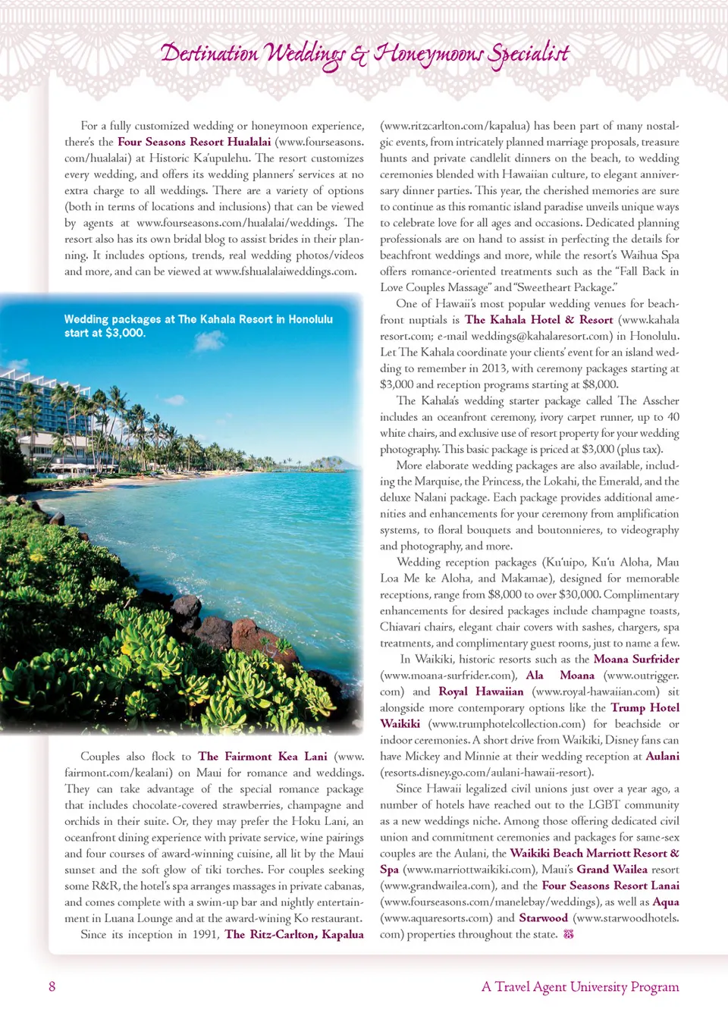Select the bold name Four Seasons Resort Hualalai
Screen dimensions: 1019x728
click(x=194, y=142)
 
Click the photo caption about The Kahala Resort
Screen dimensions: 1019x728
click(x=198, y=326)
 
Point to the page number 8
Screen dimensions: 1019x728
click(x=52, y=986)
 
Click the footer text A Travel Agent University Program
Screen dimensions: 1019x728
click(x=580, y=986)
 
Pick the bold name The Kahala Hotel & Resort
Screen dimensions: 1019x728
click(x=538, y=320)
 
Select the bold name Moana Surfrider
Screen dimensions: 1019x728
click(x=636, y=659)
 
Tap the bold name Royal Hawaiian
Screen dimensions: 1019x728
click(x=481, y=691)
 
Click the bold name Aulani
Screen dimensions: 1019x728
click(x=662, y=756)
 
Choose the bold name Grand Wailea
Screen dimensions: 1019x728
click(x=612, y=869)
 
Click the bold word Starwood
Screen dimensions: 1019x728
click(x=543, y=917)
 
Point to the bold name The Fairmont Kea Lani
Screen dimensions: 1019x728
click(x=262, y=756)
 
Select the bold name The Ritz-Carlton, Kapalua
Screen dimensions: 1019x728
click(x=294, y=934)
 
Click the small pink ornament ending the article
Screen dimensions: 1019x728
click(x=569, y=934)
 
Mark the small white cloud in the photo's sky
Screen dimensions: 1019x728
click(x=209, y=342)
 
